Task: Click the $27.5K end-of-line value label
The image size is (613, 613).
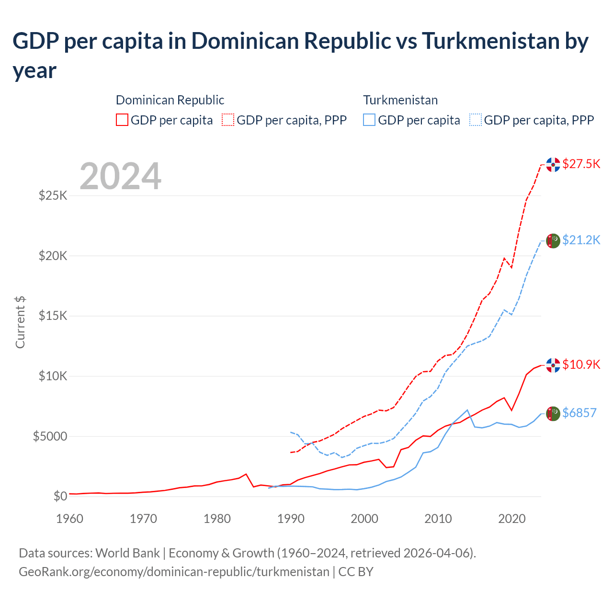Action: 581,164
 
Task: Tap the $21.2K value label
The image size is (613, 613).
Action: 581,240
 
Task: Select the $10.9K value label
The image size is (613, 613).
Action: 581,365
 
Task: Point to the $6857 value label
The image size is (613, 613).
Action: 579,413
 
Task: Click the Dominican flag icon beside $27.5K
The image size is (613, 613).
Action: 553,164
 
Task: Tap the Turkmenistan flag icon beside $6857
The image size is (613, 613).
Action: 553,413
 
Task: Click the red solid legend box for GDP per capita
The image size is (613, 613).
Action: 122,120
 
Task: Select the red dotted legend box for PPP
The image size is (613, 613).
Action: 228,120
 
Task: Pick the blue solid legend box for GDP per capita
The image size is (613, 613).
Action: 369,120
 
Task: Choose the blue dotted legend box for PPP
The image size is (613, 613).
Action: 476,120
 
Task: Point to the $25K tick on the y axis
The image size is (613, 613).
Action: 53,196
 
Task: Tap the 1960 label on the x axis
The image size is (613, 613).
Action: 70,519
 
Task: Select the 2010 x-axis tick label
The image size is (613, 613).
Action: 438,519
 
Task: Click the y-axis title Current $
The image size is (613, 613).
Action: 20,322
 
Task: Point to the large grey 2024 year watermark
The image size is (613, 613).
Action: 120,176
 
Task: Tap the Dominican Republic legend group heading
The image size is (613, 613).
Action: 170,100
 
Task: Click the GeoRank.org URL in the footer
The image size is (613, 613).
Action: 174,572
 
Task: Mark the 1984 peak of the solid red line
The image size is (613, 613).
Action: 246,474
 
